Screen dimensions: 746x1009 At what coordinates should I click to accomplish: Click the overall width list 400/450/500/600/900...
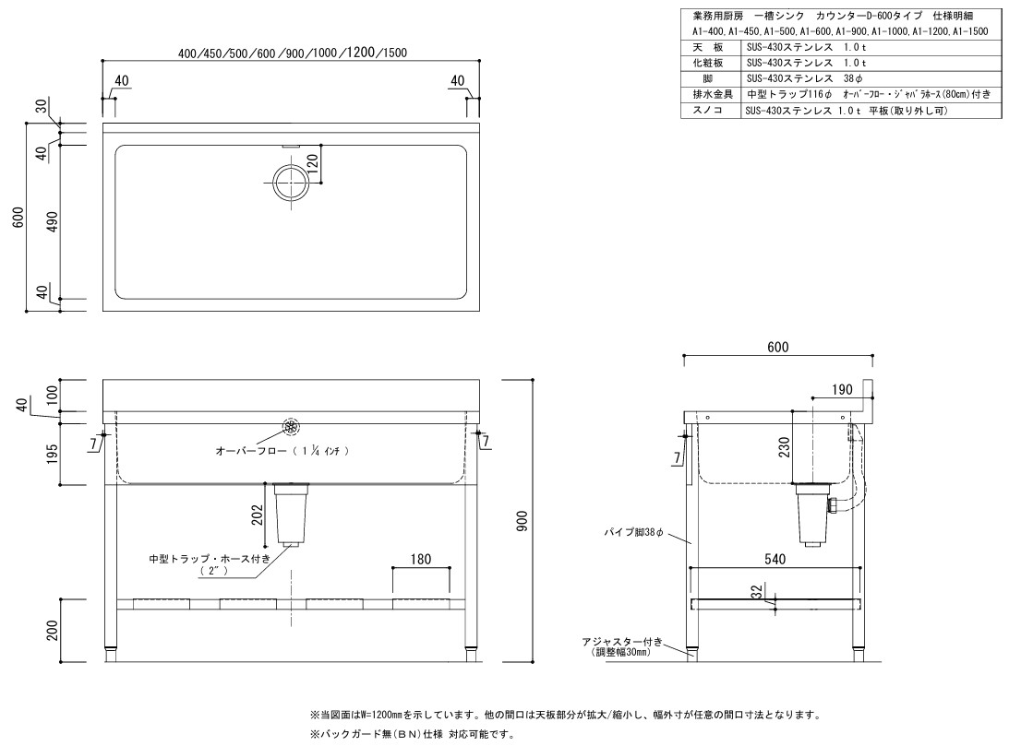[293, 53]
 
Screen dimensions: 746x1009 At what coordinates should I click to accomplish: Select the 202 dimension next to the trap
[260, 514]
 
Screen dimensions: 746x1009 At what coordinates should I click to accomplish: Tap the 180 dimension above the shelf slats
[421, 559]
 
